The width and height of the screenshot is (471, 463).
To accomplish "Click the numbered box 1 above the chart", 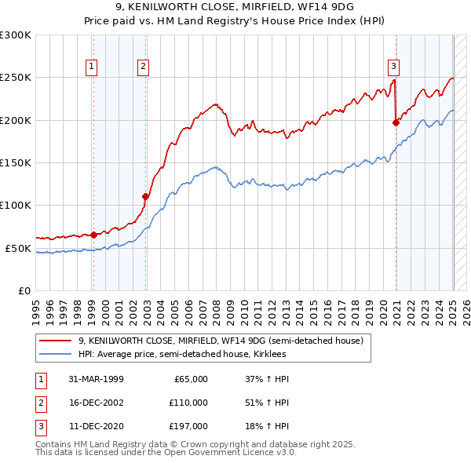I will pyautogui.click(x=92, y=67).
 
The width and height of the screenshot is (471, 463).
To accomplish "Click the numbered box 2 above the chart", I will pyautogui.click(x=144, y=67).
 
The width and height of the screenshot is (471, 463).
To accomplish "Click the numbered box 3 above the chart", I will pyautogui.click(x=392, y=67).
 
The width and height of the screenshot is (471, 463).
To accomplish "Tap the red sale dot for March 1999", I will pyautogui.click(x=93, y=235).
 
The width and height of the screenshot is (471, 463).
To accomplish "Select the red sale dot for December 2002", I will pyautogui.click(x=145, y=196).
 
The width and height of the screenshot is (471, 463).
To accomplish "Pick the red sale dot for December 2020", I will pyautogui.click(x=396, y=122).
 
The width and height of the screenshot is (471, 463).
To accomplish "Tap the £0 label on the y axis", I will pyautogui.click(x=24, y=290).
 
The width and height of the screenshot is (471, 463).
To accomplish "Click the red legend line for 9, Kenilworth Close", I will pyautogui.click(x=55, y=341).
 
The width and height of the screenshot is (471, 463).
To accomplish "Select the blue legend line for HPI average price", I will pyautogui.click(x=55, y=355).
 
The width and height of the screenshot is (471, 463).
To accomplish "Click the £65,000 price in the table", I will pyautogui.click(x=188, y=379).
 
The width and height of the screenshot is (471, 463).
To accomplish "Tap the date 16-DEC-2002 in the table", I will pyautogui.click(x=97, y=403).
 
